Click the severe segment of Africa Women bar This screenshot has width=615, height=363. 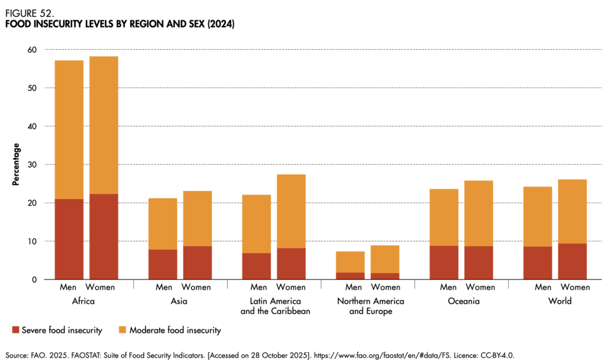pos(103,236)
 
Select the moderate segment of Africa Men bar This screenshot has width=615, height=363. pos(69,130)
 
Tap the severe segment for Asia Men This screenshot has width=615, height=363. pos(163,265)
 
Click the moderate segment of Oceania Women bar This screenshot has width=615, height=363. pos(479,213)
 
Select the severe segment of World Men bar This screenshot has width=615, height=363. pos(538,263)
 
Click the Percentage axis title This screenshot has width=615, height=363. pos(16,164)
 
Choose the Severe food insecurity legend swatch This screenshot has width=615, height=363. pos(15,330)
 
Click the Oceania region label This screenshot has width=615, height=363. pos(464,301)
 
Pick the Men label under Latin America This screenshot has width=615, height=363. pos(259,287)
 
